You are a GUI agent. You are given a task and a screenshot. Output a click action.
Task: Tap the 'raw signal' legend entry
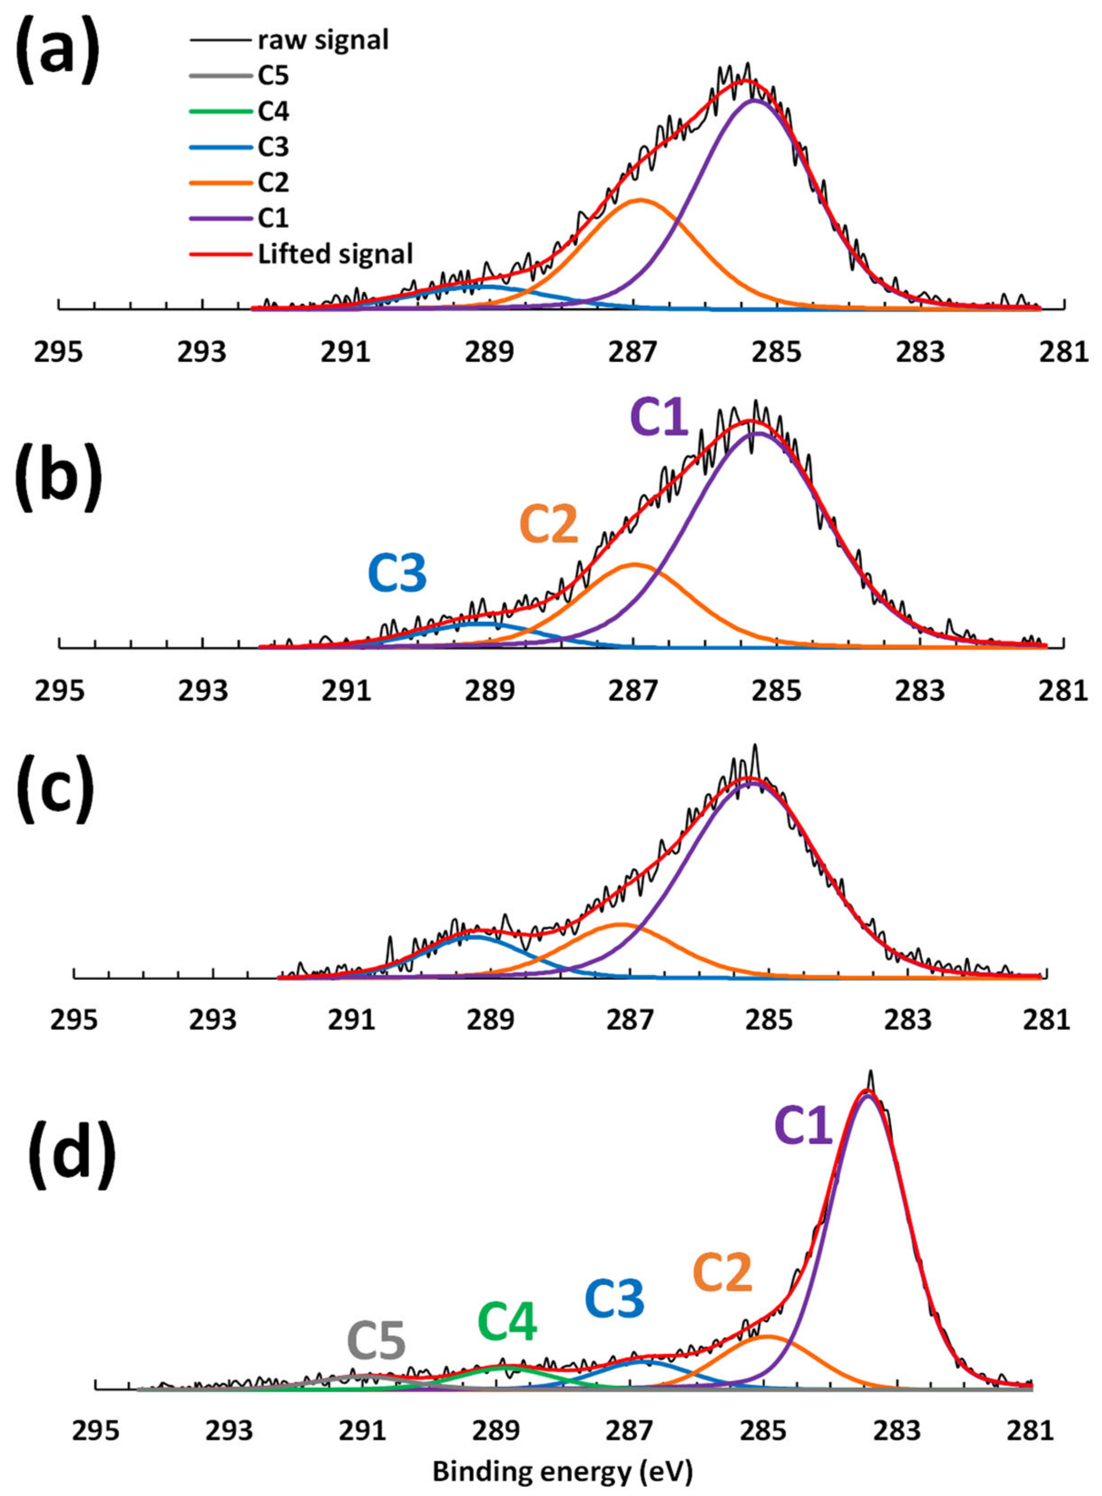(323, 40)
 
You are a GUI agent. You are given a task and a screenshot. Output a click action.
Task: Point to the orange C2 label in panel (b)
(548, 525)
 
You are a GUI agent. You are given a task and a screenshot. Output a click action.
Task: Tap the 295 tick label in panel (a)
(60, 352)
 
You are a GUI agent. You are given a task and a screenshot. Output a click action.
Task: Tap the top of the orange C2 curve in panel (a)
(640, 200)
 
